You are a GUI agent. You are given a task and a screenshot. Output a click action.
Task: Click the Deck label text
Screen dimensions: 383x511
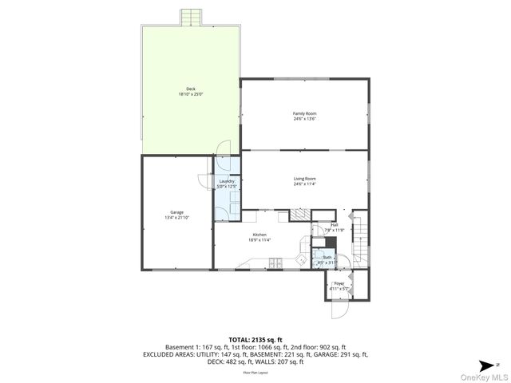coord(191,89)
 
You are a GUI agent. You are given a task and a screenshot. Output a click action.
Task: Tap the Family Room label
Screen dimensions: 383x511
coord(305,114)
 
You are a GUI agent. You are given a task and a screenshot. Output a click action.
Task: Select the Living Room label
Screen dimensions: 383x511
coord(305,179)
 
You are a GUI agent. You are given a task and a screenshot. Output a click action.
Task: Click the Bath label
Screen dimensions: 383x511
coord(327,257)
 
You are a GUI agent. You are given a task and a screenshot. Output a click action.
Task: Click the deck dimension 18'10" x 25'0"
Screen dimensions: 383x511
coord(191,94)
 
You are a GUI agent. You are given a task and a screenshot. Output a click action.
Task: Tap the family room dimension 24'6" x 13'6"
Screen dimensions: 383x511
coord(305,120)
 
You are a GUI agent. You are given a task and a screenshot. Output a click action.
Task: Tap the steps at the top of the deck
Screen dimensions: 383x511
coord(191,18)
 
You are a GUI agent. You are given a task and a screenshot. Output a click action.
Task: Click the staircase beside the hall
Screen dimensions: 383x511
coord(361,239)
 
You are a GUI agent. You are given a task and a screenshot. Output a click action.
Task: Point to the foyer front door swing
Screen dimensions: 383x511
coord(339,310)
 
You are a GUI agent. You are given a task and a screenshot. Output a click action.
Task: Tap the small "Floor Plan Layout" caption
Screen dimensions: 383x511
coord(255,373)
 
